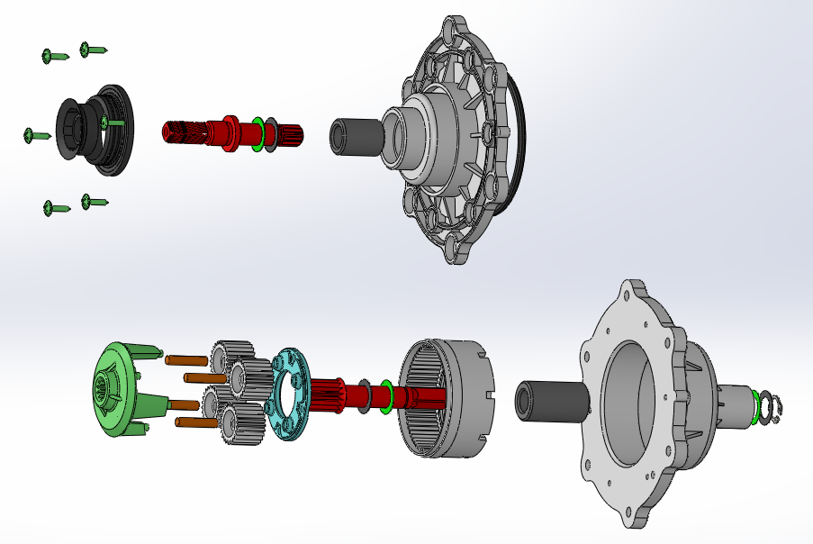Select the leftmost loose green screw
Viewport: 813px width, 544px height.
(x=36, y=135)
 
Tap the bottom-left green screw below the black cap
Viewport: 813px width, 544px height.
(x=55, y=209)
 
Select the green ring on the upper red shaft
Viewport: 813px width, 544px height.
(x=258, y=132)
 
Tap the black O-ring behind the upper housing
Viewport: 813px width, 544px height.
(x=521, y=135)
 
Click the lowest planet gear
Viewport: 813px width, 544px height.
(x=239, y=424)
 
